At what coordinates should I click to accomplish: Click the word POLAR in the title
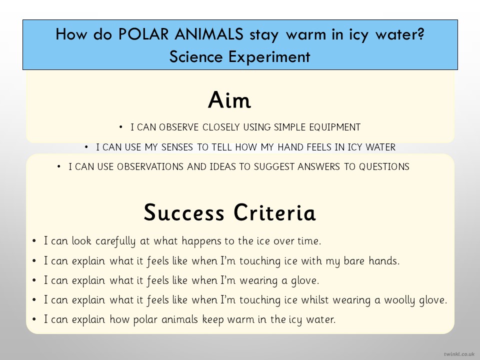143,33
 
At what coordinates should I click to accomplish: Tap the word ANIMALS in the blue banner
209,33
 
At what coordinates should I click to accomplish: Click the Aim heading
229,100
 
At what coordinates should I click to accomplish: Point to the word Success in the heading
184,212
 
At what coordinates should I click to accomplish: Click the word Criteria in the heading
274,212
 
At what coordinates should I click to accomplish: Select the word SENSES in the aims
177,147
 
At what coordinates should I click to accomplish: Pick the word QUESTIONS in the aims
384,166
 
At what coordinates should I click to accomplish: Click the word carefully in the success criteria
115,241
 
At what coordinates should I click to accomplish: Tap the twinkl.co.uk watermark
459,354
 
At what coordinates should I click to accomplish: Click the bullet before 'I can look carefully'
34,241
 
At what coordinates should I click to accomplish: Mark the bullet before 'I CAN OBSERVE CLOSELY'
121,127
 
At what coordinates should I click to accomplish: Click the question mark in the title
421,33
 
